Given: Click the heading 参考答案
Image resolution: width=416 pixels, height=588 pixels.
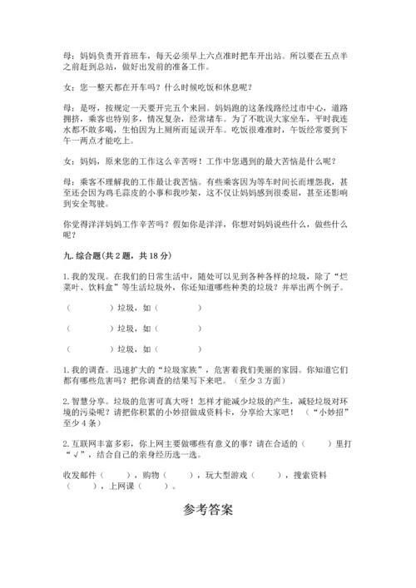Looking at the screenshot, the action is pos(208,509).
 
